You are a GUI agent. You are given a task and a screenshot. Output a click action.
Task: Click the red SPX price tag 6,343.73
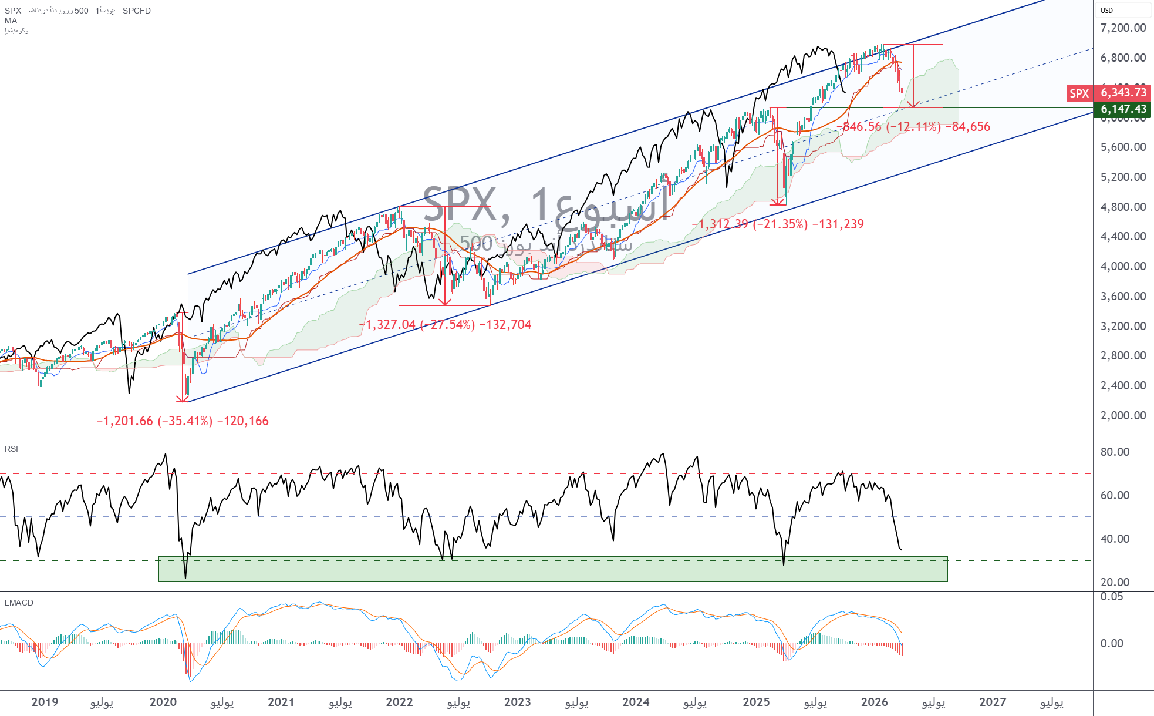[x=1123, y=92]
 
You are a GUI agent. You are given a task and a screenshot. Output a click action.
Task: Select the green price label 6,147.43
[x=1123, y=109]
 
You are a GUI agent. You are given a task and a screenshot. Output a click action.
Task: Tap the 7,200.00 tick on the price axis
[x=1123, y=28]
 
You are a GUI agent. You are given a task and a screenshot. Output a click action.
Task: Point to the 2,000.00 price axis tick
[x=1123, y=415]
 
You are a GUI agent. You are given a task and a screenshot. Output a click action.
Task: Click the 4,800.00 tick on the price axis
[x=1123, y=207]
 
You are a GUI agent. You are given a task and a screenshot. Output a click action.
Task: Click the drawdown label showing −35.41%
[x=183, y=421]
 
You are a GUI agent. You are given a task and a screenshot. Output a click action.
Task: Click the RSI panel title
[x=11, y=449]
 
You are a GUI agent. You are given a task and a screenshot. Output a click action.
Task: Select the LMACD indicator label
[x=19, y=603]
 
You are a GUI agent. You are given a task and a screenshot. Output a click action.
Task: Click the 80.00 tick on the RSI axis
[x=1115, y=452]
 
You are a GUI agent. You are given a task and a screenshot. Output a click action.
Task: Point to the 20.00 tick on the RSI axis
[x=1115, y=582]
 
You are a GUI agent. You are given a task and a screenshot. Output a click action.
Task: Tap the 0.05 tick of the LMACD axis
[x=1112, y=597]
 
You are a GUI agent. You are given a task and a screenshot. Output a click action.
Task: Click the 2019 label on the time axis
[x=45, y=702]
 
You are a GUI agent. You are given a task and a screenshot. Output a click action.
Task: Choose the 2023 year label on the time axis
[x=518, y=702]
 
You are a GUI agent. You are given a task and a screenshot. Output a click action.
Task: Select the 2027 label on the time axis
[x=993, y=702]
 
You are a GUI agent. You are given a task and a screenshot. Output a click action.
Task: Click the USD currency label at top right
[x=1106, y=10]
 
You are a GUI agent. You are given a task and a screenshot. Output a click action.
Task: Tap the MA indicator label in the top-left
[x=11, y=21]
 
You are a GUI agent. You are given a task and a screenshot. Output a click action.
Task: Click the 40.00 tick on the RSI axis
[x=1115, y=539]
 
